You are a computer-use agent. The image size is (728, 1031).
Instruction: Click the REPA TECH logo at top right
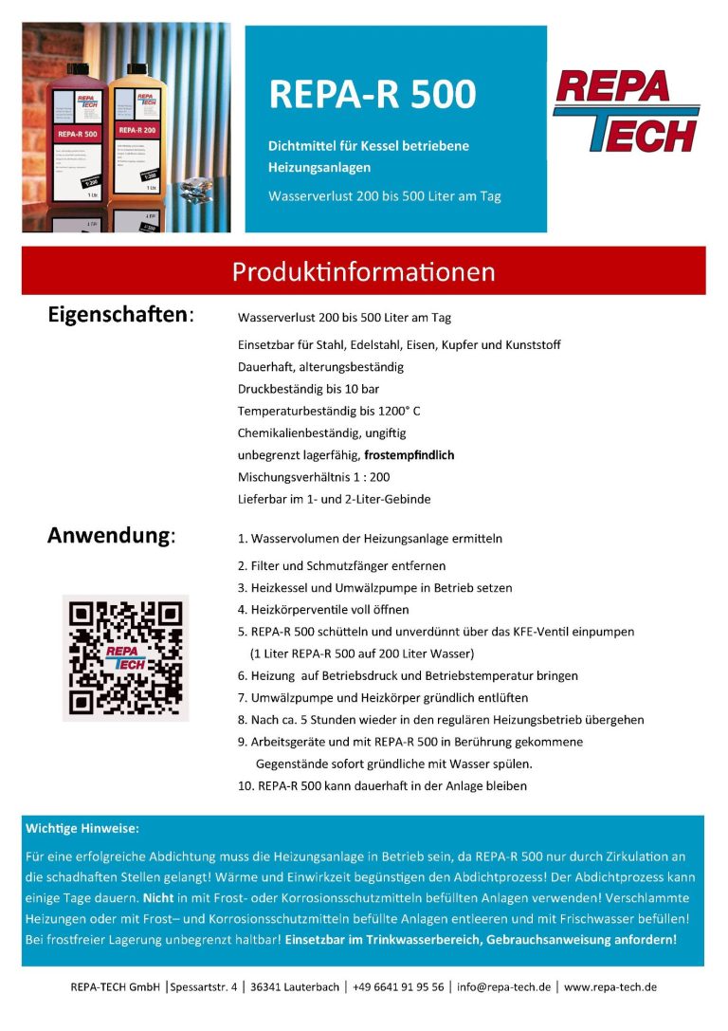[x=627, y=110]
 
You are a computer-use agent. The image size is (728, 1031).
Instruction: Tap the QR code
[x=126, y=657]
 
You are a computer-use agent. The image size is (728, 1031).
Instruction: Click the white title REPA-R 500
[x=372, y=94]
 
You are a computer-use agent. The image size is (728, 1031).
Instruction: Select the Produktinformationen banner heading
[x=364, y=272]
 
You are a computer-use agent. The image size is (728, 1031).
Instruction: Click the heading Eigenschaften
[x=120, y=316]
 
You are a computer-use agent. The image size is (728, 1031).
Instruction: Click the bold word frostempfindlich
[x=409, y=455]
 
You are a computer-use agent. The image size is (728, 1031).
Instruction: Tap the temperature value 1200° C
[x=396, y=411]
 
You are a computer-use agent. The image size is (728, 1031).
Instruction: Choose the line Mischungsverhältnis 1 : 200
[x=314, y=477]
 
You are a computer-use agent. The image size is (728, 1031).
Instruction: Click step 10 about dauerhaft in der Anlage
[x=382, y=785]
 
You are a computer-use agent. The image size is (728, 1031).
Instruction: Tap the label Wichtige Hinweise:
[x=82, y=828]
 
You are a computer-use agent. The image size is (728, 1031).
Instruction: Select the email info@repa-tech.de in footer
[x=503, y=987]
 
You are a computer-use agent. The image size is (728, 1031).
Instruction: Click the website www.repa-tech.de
[x=610, y=987]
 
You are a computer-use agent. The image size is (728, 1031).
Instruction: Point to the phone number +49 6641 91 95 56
[x=397, y=987]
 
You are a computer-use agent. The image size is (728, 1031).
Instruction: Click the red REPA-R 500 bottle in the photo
[x=78, y=142]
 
